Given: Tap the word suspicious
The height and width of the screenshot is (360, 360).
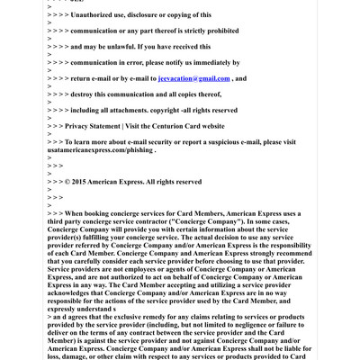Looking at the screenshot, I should (x=215, y=142).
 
